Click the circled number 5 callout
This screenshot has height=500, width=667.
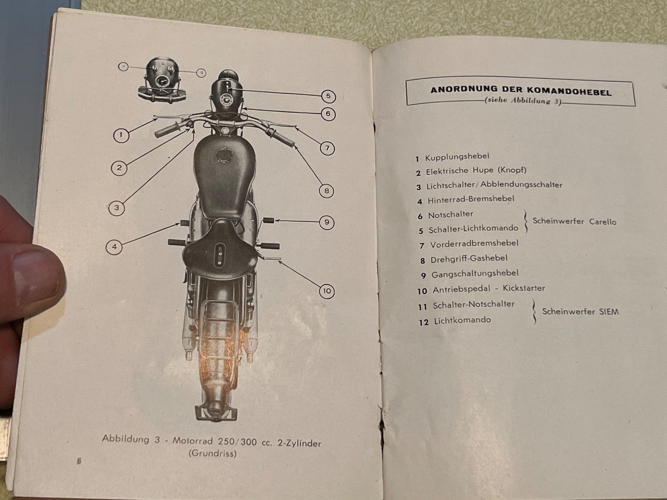(x=328, y=97)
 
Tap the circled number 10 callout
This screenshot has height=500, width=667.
(x=326, y=291)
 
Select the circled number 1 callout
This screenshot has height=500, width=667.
(x=121, y=135)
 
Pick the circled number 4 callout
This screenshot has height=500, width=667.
(x=115, y=247)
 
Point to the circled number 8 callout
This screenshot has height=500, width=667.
(x=326, y=191)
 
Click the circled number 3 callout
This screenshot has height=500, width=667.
(x=117, y=208)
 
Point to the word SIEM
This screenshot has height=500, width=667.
(x=609, y=311)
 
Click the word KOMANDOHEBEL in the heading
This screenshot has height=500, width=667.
(x=569, y=91)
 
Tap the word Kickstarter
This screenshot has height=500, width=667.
(x=524, y=288)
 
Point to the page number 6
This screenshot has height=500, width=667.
(x=79, y=461)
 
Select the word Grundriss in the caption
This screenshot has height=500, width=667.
(x=213, y=453)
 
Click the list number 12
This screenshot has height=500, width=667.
(x=424, y=323)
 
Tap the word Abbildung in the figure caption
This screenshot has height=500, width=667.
(x=126, y=439)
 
